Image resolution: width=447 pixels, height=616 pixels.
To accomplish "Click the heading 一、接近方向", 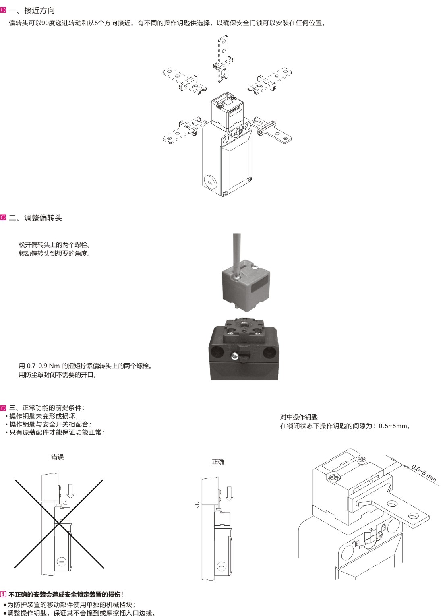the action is [x=32, y=10].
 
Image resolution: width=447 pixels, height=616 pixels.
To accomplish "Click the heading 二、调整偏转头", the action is [x=35, y=218].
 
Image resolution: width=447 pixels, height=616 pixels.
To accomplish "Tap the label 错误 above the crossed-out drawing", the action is [x=58, y=457].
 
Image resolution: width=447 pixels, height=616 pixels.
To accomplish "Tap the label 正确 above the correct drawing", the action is [x=218, y=462].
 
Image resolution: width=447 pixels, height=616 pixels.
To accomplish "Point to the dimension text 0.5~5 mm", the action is [x=424, y=473].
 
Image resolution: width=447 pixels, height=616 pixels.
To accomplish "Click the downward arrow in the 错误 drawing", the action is [x=71, y=491].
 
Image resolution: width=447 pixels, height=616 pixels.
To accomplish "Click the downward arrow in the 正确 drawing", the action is [x=229, y=494].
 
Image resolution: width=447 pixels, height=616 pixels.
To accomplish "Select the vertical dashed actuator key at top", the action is [x=223, y=58].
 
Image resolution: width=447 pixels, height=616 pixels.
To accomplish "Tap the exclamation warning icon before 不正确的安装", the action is [x=3, y=595].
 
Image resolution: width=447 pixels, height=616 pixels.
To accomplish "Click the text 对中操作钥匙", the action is [x=299, y=417].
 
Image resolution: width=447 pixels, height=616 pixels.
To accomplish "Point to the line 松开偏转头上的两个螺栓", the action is [x=54, y=245].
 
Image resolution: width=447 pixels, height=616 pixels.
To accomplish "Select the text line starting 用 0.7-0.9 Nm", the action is [x=85, y=366].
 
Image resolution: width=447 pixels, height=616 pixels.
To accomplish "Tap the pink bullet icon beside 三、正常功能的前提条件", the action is [x=3, y=408].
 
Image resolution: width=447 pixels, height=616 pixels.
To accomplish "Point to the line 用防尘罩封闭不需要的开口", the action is [x=58, y=375].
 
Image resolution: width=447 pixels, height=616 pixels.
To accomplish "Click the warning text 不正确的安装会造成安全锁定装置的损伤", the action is [x=66, y=595].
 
